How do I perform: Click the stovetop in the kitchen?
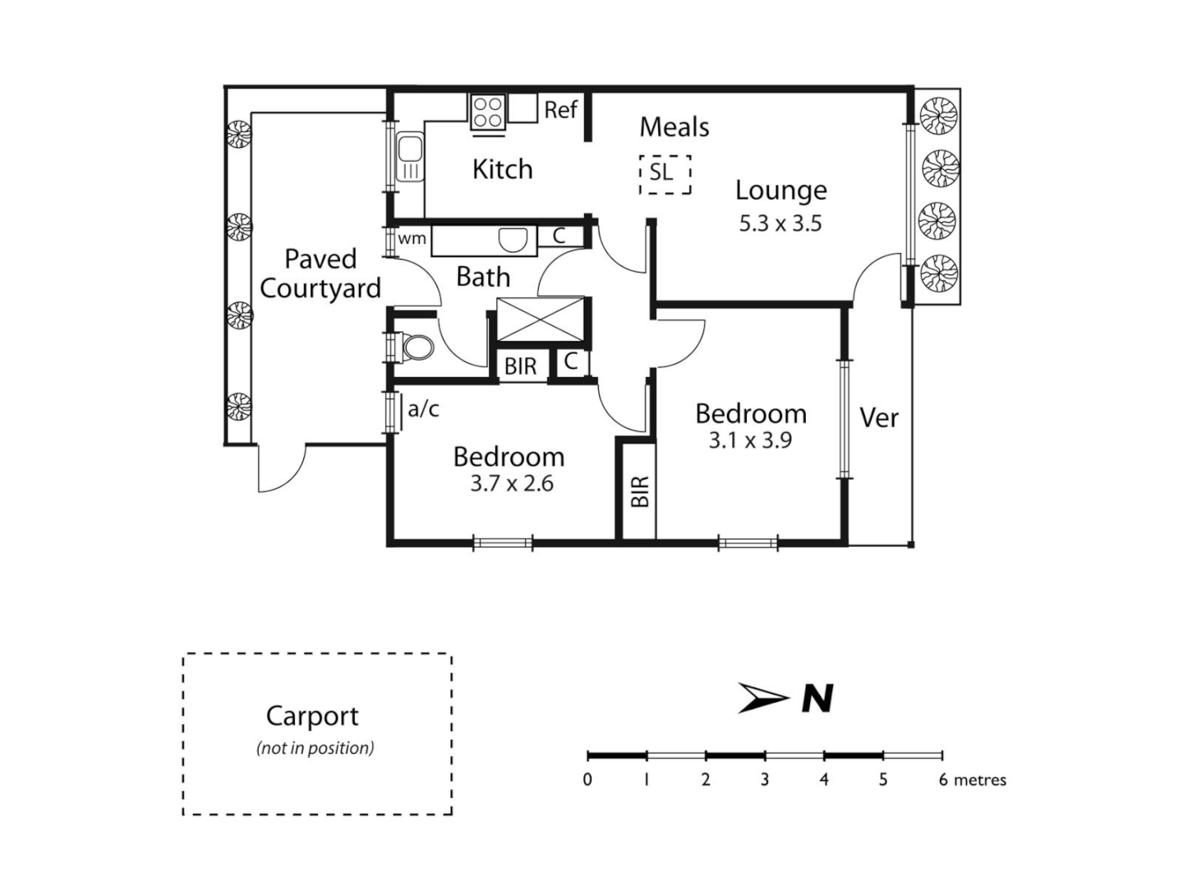(x=487, y=113)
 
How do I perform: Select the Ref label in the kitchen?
(x=561, y=110)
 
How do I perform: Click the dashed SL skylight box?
(x=665, y=174)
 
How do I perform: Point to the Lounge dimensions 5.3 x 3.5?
(x=780, y=223)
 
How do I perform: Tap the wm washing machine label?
(x=412, y=239)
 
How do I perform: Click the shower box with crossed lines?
(x=540, y=319)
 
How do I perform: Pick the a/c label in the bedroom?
(x=424, y=409)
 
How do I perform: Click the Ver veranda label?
(x=879, y=418)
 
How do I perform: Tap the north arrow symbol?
(x=763, y=698)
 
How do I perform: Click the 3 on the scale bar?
(x=764, y=779)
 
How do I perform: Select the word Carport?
(x=312, y=716)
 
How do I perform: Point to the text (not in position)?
(x=315, y=748)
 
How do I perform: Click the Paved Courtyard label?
(x=320, y=274)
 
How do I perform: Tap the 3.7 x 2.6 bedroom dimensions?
(x=511, y=484)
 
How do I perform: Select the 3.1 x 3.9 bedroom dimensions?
(x=750, y=441)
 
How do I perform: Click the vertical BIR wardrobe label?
(x=640, y=491)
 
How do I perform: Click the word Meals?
(x=674, y=127)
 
